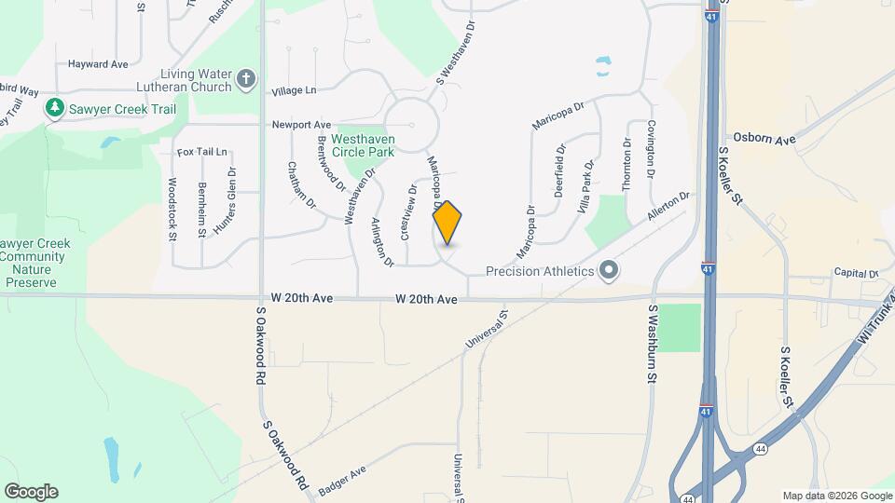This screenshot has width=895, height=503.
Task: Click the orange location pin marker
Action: point(447,223)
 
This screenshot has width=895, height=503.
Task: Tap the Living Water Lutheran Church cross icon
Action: point(246,79)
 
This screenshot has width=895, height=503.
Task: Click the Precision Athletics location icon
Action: point(609,271)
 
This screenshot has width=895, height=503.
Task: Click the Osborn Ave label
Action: point(764,139)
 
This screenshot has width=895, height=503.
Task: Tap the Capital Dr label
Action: point(856,274)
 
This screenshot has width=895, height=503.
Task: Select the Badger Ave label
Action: point(341,483)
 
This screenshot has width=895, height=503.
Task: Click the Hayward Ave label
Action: point(98,64)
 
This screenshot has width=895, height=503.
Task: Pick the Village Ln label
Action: point(294,90)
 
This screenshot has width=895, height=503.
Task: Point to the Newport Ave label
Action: point(301,124)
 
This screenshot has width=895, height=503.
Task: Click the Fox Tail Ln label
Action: point(202,152)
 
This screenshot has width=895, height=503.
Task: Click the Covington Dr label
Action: point(651,150)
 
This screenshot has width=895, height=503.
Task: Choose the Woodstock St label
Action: point(172,210)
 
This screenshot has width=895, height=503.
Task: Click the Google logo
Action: point(31,492)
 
